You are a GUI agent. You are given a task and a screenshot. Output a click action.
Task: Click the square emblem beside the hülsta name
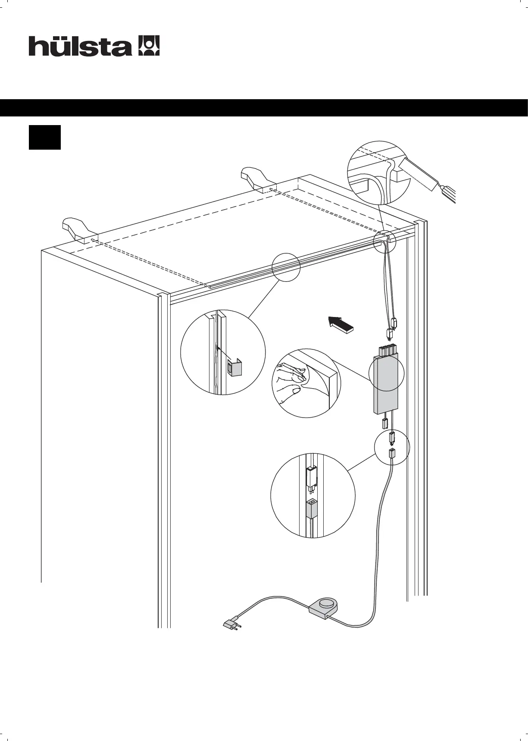pyautogui.click(x=148, y=46)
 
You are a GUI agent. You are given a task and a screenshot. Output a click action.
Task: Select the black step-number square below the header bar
pyautogui.click(x=45, y=138)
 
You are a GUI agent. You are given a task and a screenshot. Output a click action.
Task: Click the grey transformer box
pyautogui.click(x=386, y=384)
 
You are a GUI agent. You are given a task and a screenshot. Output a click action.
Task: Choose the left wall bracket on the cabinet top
pyautogui.click(x=78, y=230)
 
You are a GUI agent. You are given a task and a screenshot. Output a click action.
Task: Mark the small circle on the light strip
pyautogui.click(x=286, y=267)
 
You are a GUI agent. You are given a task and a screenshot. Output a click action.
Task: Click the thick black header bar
pyautogui.click(x=264, y=107)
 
